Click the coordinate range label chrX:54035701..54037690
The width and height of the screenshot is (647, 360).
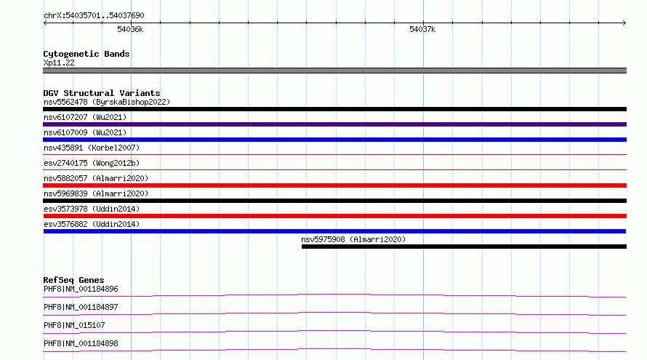pyautogui.click(x=94, y=16)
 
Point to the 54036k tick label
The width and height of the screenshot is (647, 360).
pyautogui.click(x=130, y=29)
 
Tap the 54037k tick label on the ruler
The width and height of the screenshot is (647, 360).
pyautogui.click(x=422, y=29)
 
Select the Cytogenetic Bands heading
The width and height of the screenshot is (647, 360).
pyautogui.click(x=87, y=54)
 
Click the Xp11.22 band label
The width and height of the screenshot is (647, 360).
pyautogui.click(x=59, y=63)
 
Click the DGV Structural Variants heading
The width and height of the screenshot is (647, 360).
pyautogui.click(x=102, y=93)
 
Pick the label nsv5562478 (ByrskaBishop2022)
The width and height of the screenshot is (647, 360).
pyautogui.click(x=107, y=102)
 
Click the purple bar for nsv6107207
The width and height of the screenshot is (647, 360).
pyautogui.click(x=334, y=124)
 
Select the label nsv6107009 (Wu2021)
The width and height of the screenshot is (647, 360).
pyautogui.click(x=85, y=132)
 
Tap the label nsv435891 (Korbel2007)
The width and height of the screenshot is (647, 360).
pyautogui.click(x=92, y=148)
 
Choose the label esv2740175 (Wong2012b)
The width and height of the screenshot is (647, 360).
pyautogui.click(x=92, y=163)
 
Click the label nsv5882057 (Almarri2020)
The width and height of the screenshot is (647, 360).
pyautogui.click(x=96, y=178)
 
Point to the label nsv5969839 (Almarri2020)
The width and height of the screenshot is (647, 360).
pyautogui.click(x=96, y=193)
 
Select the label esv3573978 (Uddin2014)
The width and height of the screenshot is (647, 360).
pyautogui.click(x=92, y=209)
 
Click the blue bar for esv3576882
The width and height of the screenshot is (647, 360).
pyautogui.click(x=334, y=231)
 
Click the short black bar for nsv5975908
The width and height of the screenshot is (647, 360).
pyautogui.click(x=465, y=247)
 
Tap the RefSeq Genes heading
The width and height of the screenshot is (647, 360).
pyautogui.click(x=73, y=280)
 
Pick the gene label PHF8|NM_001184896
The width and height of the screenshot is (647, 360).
pyautogui.click(x=81, y=289)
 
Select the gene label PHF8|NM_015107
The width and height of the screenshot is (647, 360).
pyautogui.click(x=74, y=325)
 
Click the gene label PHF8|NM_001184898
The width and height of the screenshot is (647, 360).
pyautogui.click(x=81, y=343)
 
